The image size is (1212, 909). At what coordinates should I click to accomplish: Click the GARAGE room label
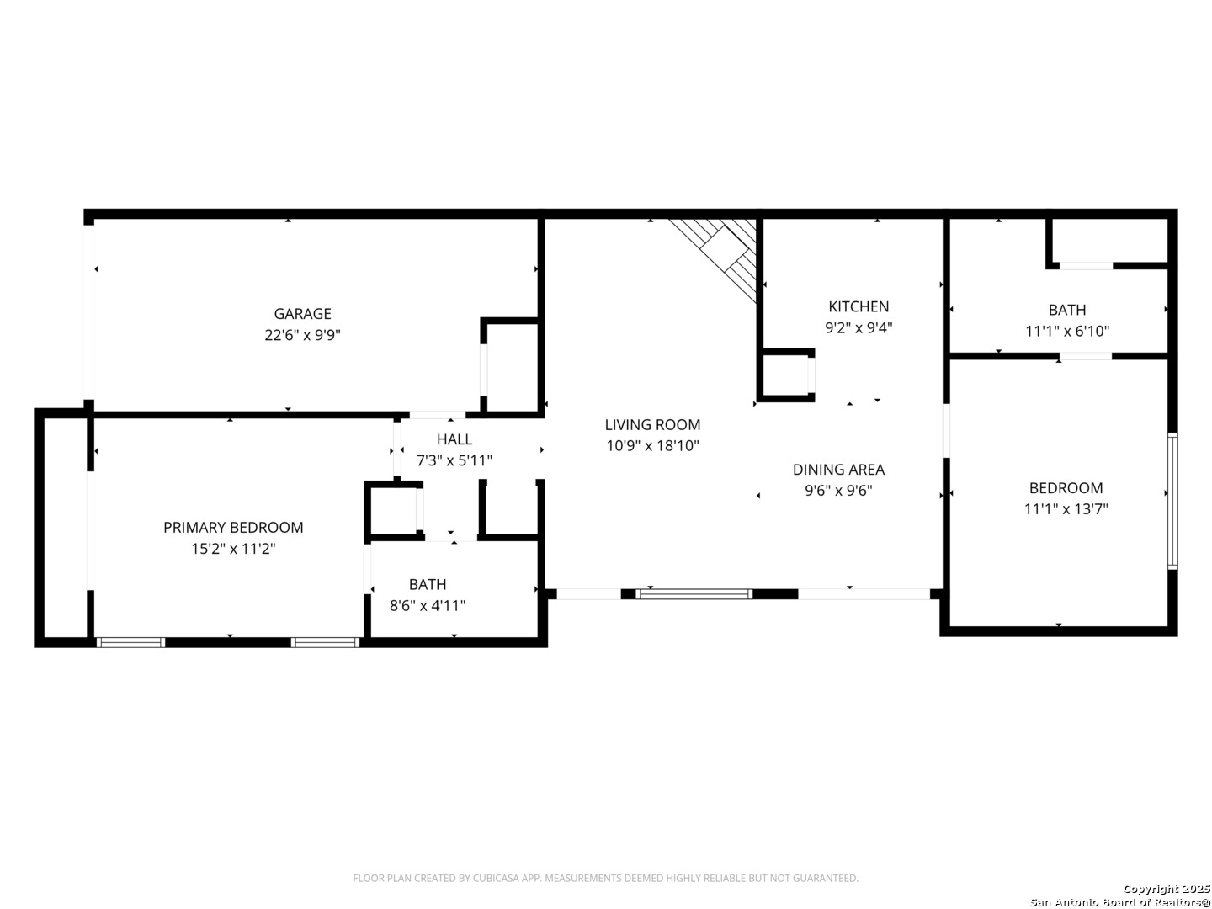[x=302, y=313]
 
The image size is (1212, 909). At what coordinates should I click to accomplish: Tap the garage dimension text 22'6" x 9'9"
[x=302, y=335]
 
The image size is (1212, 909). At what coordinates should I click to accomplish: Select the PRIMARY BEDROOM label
[x=233, y=527]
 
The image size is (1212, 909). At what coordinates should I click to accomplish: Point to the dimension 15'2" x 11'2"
[x=233, y=549]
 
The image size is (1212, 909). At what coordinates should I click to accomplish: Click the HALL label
[x=454, y=439]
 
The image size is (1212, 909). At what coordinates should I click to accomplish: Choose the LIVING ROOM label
[x=652, y=424]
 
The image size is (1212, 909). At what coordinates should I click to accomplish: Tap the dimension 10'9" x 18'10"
[x=652, y=445]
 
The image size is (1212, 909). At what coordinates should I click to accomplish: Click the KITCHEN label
[x=858, y=306]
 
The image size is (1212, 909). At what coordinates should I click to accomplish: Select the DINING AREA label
[x=838, y=469]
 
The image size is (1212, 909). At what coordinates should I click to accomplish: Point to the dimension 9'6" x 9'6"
[x=838, y=490]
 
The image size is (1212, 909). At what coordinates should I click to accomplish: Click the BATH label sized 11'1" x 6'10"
[x=1066, y=310]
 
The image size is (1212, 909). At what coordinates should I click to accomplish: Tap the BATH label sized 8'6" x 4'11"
[x=428, y=584]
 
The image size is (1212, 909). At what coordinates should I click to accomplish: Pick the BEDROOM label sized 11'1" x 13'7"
[x=1066, y=488]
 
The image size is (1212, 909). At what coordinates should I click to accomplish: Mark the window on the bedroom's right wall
[x=1172, y=501]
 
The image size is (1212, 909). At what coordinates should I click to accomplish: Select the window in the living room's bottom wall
[x=694, y=594]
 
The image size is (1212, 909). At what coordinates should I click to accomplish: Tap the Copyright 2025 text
[x=1167, y=889]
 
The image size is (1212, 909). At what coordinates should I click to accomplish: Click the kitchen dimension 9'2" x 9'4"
[x=858, y=328]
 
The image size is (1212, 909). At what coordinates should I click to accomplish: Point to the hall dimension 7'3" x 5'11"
[x=454, y=460]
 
